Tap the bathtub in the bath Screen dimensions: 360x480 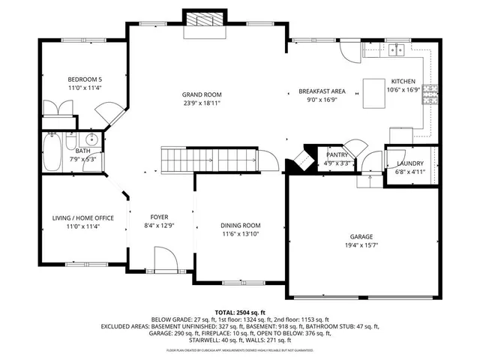click(53, 152)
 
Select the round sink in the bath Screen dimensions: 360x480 click(91, 139)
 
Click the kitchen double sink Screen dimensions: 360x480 click(395, 50)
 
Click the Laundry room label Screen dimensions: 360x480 click(409, 163)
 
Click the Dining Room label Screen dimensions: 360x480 click(240, 226)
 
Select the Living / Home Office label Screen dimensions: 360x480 click(82, 218)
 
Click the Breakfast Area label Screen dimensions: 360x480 click(321, 91)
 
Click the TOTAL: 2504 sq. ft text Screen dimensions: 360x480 click(240, 312)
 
